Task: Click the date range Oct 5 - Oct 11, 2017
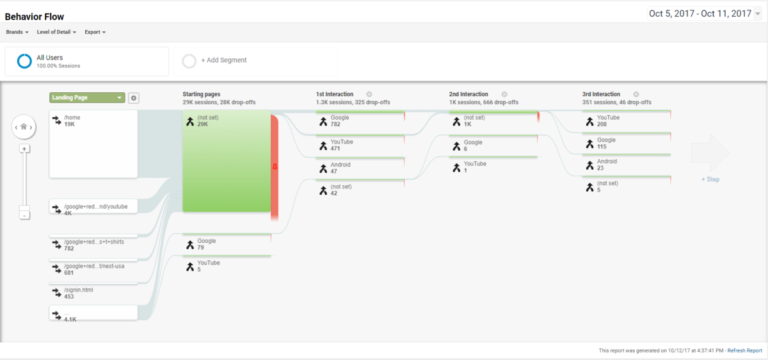[x=692, y=13]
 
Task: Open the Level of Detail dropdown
[x=57, y=33]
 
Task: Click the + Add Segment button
[x=221, y=60]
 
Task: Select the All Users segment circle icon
[x=24, y=60]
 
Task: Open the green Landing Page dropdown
[x=87, y=98]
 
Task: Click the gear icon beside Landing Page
[x=134, y=98]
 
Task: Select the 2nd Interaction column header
[x=469, y=93]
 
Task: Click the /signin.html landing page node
[x=93, y=291]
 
